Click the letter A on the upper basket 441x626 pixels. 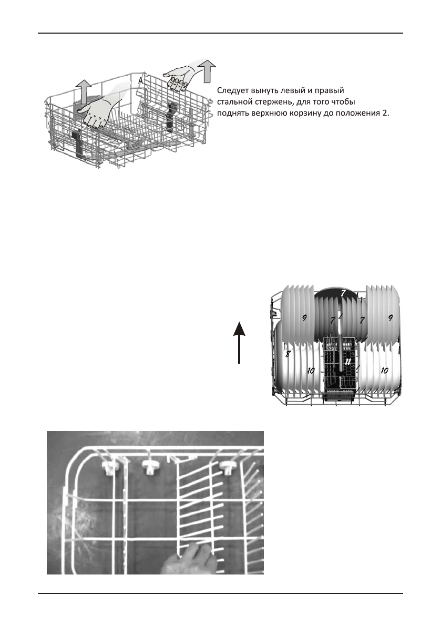point(140,81)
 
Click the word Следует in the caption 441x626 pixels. point(233,91)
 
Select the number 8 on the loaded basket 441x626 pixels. point(288,354)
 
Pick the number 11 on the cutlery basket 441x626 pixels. point(347,362)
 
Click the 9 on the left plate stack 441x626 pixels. point(304,318)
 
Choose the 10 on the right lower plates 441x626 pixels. point(384,371)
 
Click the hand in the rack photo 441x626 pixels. point(190,559)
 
